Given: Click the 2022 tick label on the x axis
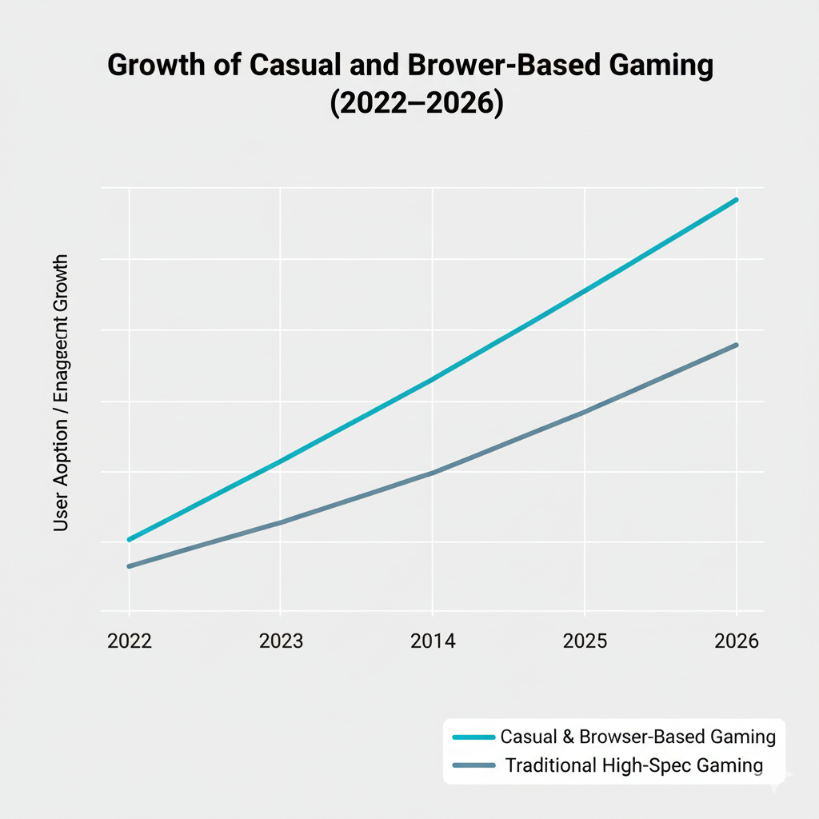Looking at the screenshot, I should click(129, 641).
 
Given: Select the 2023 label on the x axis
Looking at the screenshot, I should click(281, 641).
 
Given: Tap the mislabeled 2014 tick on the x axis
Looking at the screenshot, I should click(432, 641).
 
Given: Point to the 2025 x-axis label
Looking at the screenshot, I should click(585, 641).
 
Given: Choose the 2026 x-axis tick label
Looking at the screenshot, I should click(737, 641).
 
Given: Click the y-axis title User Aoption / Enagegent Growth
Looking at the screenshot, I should click(62, 394).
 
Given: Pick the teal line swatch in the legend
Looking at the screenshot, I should click(473, 737).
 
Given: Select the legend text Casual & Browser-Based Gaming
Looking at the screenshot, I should click(637, 737).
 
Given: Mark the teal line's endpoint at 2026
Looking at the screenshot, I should click(736, 200).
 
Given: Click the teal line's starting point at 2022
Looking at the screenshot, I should click(129, 540).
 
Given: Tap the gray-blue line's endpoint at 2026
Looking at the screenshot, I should click(736, 345).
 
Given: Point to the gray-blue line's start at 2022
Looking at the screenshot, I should click(129, 566).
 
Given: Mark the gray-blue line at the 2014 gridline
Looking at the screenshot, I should click(432, 473).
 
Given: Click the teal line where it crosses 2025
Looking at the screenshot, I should click(585, 290).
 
